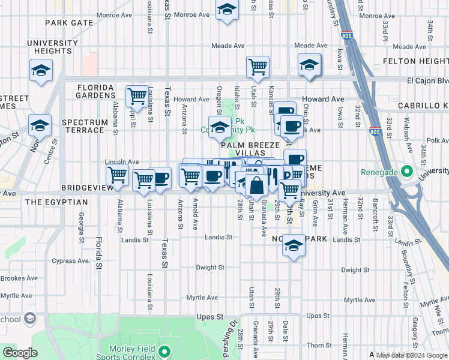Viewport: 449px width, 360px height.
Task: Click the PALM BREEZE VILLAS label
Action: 250,149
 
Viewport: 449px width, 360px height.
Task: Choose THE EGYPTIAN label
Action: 56,202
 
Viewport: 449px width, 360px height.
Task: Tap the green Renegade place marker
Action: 406,172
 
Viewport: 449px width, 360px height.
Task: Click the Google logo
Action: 20,353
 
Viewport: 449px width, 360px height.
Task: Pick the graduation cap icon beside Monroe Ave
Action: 227,10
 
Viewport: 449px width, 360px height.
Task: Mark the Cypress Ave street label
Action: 70,261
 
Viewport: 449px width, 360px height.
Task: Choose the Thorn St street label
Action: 315,345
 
